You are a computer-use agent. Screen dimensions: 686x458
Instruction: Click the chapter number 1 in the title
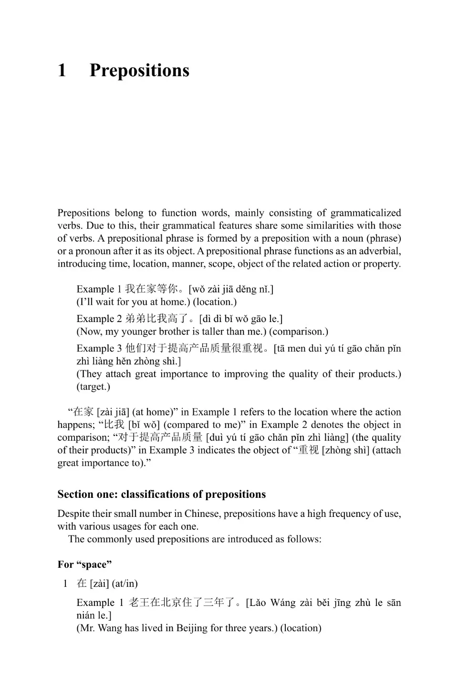coord(62,71)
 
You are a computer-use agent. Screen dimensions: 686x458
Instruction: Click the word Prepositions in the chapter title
coord(139,71)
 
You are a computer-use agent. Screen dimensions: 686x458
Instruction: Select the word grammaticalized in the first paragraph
coord(365,213)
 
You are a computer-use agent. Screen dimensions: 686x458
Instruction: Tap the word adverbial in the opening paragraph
coord(379,251)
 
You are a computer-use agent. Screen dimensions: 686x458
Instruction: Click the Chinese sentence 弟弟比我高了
coord(156,319)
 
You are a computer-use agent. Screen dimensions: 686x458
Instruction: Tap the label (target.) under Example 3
coord(94,386)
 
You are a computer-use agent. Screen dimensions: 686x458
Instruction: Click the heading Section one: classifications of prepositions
coord(162,494)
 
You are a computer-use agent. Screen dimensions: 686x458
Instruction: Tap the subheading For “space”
coord(84,565)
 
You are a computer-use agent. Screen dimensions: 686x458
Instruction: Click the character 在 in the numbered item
coord(82,584)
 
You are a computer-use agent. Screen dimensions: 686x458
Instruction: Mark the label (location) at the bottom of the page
coord(301,628)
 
